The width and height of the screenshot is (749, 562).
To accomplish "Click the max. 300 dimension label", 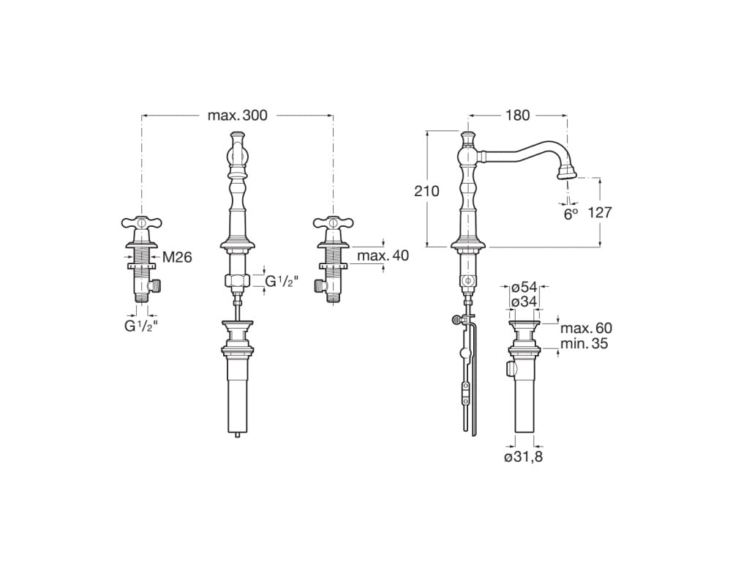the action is click(238, 115).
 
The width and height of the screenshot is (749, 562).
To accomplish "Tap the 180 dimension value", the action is click(518, 115).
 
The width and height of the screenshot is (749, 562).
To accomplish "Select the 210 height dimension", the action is click(426, 191).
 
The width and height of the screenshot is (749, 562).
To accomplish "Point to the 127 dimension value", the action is click(599, 212).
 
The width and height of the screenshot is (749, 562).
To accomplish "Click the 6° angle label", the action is click(571, 214).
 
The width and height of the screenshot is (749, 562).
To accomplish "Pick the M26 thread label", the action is click(177, 258).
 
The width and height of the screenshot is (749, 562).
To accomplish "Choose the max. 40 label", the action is click(383, 255).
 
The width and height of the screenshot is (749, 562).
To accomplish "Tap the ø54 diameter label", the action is click(524, 288).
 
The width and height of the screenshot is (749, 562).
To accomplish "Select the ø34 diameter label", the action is click(524, 302).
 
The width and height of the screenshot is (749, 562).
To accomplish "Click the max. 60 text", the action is click(586, 329).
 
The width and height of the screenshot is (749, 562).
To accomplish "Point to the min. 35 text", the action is click(584, 343).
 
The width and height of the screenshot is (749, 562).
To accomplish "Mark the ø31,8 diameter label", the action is click(524, 457).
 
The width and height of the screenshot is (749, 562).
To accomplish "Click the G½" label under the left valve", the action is click(141, 326).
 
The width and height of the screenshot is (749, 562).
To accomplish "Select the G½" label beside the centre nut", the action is click(282, 282).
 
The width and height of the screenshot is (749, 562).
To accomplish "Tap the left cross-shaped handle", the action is click(141, 222).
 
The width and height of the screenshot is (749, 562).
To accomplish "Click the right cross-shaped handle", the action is click(334, 222).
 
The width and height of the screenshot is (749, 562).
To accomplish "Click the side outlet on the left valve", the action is click(156, 286).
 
